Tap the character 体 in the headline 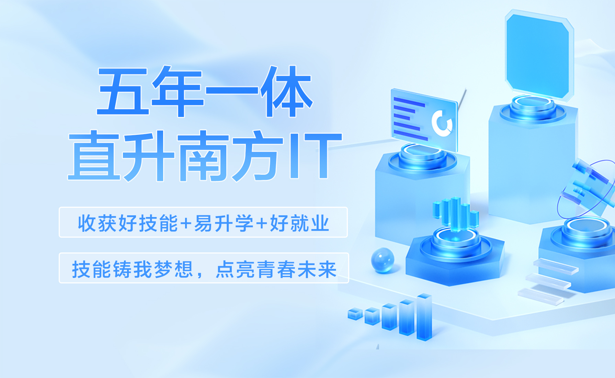click(x=286, y=91)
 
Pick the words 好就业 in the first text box click(x=299, y=223)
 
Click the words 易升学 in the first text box click(x=224, y=223)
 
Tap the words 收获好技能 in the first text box click(x=128, y=223)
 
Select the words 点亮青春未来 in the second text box click(x=276, y=269)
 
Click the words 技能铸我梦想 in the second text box click(x=133, y=269)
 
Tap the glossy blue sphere click(x=383, y=260)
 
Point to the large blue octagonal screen click(x=539, y=55)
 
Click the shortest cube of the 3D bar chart click(x=355, y=314)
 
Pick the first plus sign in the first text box click(x=186, y=224)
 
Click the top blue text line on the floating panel click(x=409, y=102)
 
